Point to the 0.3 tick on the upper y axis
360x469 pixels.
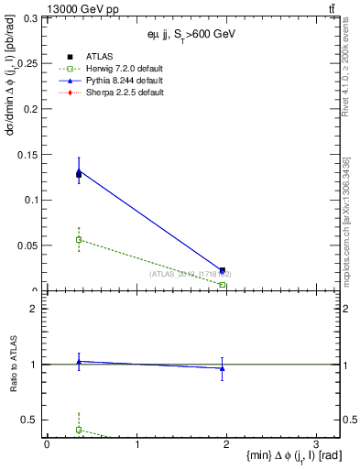(x=31, y=18)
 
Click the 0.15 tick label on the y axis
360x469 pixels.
(x=27, y=155)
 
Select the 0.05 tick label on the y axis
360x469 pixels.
(x=27, y=245)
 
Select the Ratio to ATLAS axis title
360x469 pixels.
(x=12, y=364)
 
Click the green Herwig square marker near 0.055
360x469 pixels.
(x=79, y=240)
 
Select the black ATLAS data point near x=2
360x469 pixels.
(x=223, y=270)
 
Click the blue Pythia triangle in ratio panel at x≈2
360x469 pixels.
(x=223, y=368)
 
